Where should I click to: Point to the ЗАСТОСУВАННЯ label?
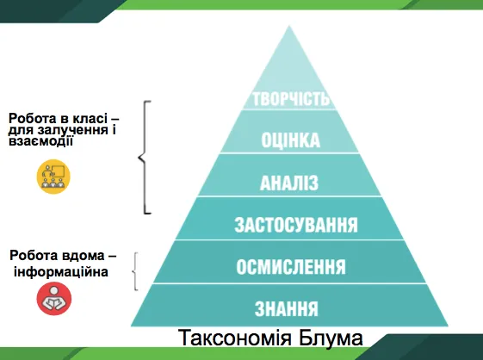[x=295, y=226]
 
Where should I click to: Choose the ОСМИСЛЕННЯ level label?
[x=291, y=267]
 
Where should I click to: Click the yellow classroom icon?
[x=53, y=176]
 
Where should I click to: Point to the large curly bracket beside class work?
[x=144, y=156]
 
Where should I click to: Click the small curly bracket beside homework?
[x=135, y=271]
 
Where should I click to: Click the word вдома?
[x=83, y=257]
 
